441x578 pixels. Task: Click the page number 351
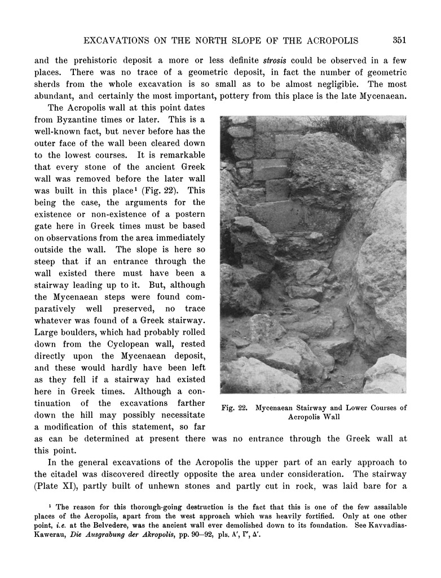click(400, 40)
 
